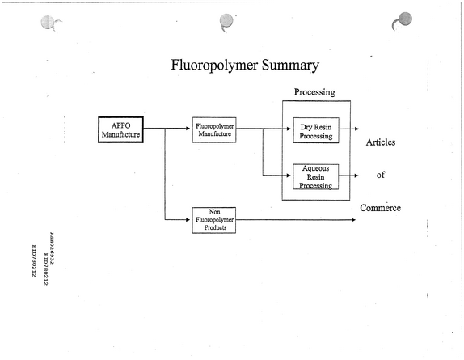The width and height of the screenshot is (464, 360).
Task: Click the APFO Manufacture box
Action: click(x=120, y=129)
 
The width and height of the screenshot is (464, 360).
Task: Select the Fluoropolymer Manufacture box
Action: click(x=214, y=130)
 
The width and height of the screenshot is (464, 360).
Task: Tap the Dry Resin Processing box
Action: click(x=316, y=130)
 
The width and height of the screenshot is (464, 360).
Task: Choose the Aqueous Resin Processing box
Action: click(x=316, y=176)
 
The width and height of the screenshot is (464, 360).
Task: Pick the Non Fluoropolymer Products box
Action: click(x=214, y=220)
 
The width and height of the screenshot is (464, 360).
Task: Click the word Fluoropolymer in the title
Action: click(x=214, y=66)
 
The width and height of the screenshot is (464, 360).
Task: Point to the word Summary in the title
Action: click(x=290, y=66)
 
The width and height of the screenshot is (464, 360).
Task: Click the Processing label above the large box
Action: click(x=314, y=92)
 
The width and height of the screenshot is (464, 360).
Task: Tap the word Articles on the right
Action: click(x=381, y=142)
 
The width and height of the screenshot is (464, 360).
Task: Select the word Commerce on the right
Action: click(x=381, y=208)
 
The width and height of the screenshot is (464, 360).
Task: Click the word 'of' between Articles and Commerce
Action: click(x=381, y=175)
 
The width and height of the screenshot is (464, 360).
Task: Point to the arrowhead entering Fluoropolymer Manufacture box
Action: click(x=188, y=129)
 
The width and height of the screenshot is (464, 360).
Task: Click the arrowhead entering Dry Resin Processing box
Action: click(x=289, y=129)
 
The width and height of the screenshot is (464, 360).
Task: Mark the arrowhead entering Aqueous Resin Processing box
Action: click(x=289, y=176)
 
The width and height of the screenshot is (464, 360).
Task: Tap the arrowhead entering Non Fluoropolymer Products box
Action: click(x=188, y=220)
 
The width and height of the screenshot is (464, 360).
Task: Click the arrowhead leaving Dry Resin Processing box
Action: click(x=356, y=129)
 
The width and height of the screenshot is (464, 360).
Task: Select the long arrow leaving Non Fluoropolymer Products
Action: click(x=296, y=220)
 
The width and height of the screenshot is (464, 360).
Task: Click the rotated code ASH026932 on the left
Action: click(x=52, y=248)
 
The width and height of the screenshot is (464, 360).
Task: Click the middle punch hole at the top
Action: click(x=226, y=21)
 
